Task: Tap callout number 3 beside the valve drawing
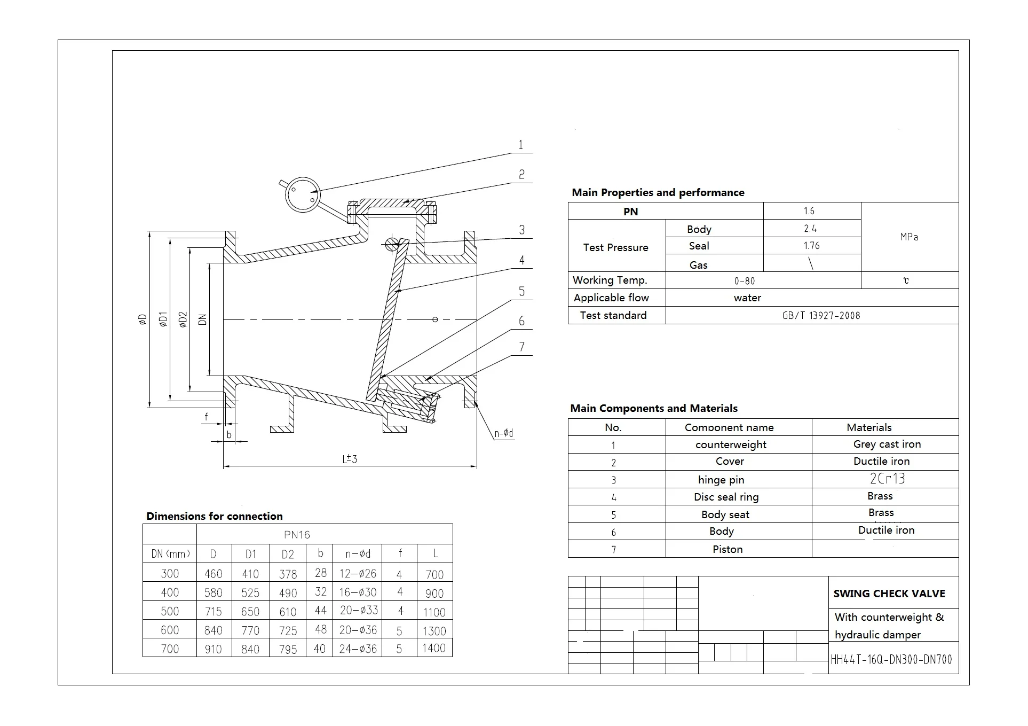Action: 522,230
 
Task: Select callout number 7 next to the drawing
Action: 522,347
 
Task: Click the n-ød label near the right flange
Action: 503,433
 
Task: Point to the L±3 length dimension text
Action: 350,459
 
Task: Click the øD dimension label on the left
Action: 143,319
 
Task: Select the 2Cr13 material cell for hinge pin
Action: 887,479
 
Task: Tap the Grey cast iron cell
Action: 887,444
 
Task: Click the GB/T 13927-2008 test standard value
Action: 821,315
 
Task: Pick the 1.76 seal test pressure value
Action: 811,246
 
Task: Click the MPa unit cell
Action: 909,237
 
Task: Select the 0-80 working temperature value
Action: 745,281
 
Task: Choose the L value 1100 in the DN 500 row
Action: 434,612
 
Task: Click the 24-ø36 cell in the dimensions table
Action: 358,649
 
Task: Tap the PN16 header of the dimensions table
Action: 297,534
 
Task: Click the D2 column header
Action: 287,554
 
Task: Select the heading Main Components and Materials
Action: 653,408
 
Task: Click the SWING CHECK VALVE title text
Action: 889,594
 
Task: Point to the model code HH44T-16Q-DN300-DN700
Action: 891,660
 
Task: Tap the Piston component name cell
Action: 727,549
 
